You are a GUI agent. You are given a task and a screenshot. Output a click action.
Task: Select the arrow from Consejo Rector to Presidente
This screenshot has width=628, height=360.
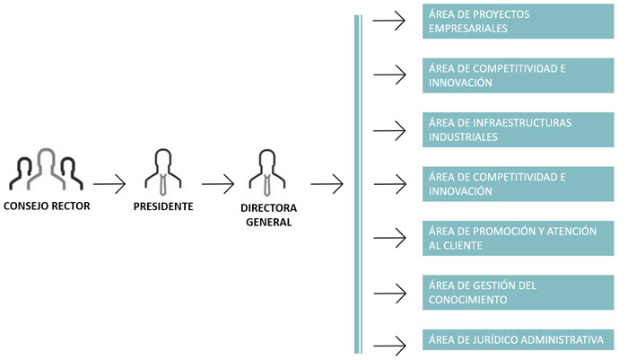109,186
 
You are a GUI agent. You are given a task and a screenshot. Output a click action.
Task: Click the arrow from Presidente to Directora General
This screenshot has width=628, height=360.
218,186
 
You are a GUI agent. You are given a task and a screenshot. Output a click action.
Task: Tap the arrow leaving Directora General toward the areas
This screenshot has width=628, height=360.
327,186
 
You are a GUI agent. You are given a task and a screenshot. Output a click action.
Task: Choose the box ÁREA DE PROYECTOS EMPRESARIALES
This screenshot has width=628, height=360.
519,22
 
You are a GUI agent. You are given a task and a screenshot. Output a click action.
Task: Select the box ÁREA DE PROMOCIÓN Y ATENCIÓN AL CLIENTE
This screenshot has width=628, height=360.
519,238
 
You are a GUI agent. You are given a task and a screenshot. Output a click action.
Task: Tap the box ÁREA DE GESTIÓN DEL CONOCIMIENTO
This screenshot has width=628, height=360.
519,293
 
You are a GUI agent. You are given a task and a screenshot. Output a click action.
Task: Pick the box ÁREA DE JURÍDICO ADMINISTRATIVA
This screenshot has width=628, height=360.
519,340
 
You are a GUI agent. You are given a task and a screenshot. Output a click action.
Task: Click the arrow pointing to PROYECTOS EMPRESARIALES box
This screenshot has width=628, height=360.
388,21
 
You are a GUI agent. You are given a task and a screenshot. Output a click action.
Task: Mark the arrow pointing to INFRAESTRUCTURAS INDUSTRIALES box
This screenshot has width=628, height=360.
388,130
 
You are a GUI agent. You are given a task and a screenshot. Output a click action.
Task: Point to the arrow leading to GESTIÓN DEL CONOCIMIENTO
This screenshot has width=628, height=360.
388,292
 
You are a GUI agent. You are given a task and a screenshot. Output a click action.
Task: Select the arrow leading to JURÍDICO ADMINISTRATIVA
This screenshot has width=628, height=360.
388,343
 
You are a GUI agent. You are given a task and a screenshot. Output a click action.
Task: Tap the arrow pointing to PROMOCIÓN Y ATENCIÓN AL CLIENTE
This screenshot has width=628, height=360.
388,238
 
